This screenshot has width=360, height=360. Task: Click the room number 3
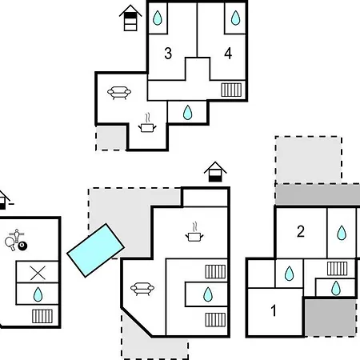pos(168,54)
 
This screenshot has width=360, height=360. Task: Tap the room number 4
pos(228,54)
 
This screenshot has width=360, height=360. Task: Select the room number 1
pos(274,310)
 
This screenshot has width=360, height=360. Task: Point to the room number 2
pos(301,231)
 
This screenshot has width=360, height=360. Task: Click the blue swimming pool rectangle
pos(95,250)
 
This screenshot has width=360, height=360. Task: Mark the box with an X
pos(38,272)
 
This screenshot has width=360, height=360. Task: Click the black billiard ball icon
pos(22,246)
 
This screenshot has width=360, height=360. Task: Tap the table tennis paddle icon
pos(10,243)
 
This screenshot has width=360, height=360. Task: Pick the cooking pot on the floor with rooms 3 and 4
pos(147,124)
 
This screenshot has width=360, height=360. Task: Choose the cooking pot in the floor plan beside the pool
pos(194,233)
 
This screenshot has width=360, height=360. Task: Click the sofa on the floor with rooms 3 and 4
pos(119,93)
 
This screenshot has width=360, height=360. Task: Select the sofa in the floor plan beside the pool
pos(142,289)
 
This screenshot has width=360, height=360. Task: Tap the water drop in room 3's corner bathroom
pos(158,18)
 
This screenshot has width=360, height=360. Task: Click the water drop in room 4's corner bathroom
pos(235,18)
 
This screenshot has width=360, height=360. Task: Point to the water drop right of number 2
pos(342,233)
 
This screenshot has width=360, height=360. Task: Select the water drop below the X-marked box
pos(38,294)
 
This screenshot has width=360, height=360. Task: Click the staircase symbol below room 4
pos(231,90)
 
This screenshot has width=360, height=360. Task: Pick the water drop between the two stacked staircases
pos(208,294)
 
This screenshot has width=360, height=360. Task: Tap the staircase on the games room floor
pos(42,316)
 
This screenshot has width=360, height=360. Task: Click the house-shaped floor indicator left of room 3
pos(130,18)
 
